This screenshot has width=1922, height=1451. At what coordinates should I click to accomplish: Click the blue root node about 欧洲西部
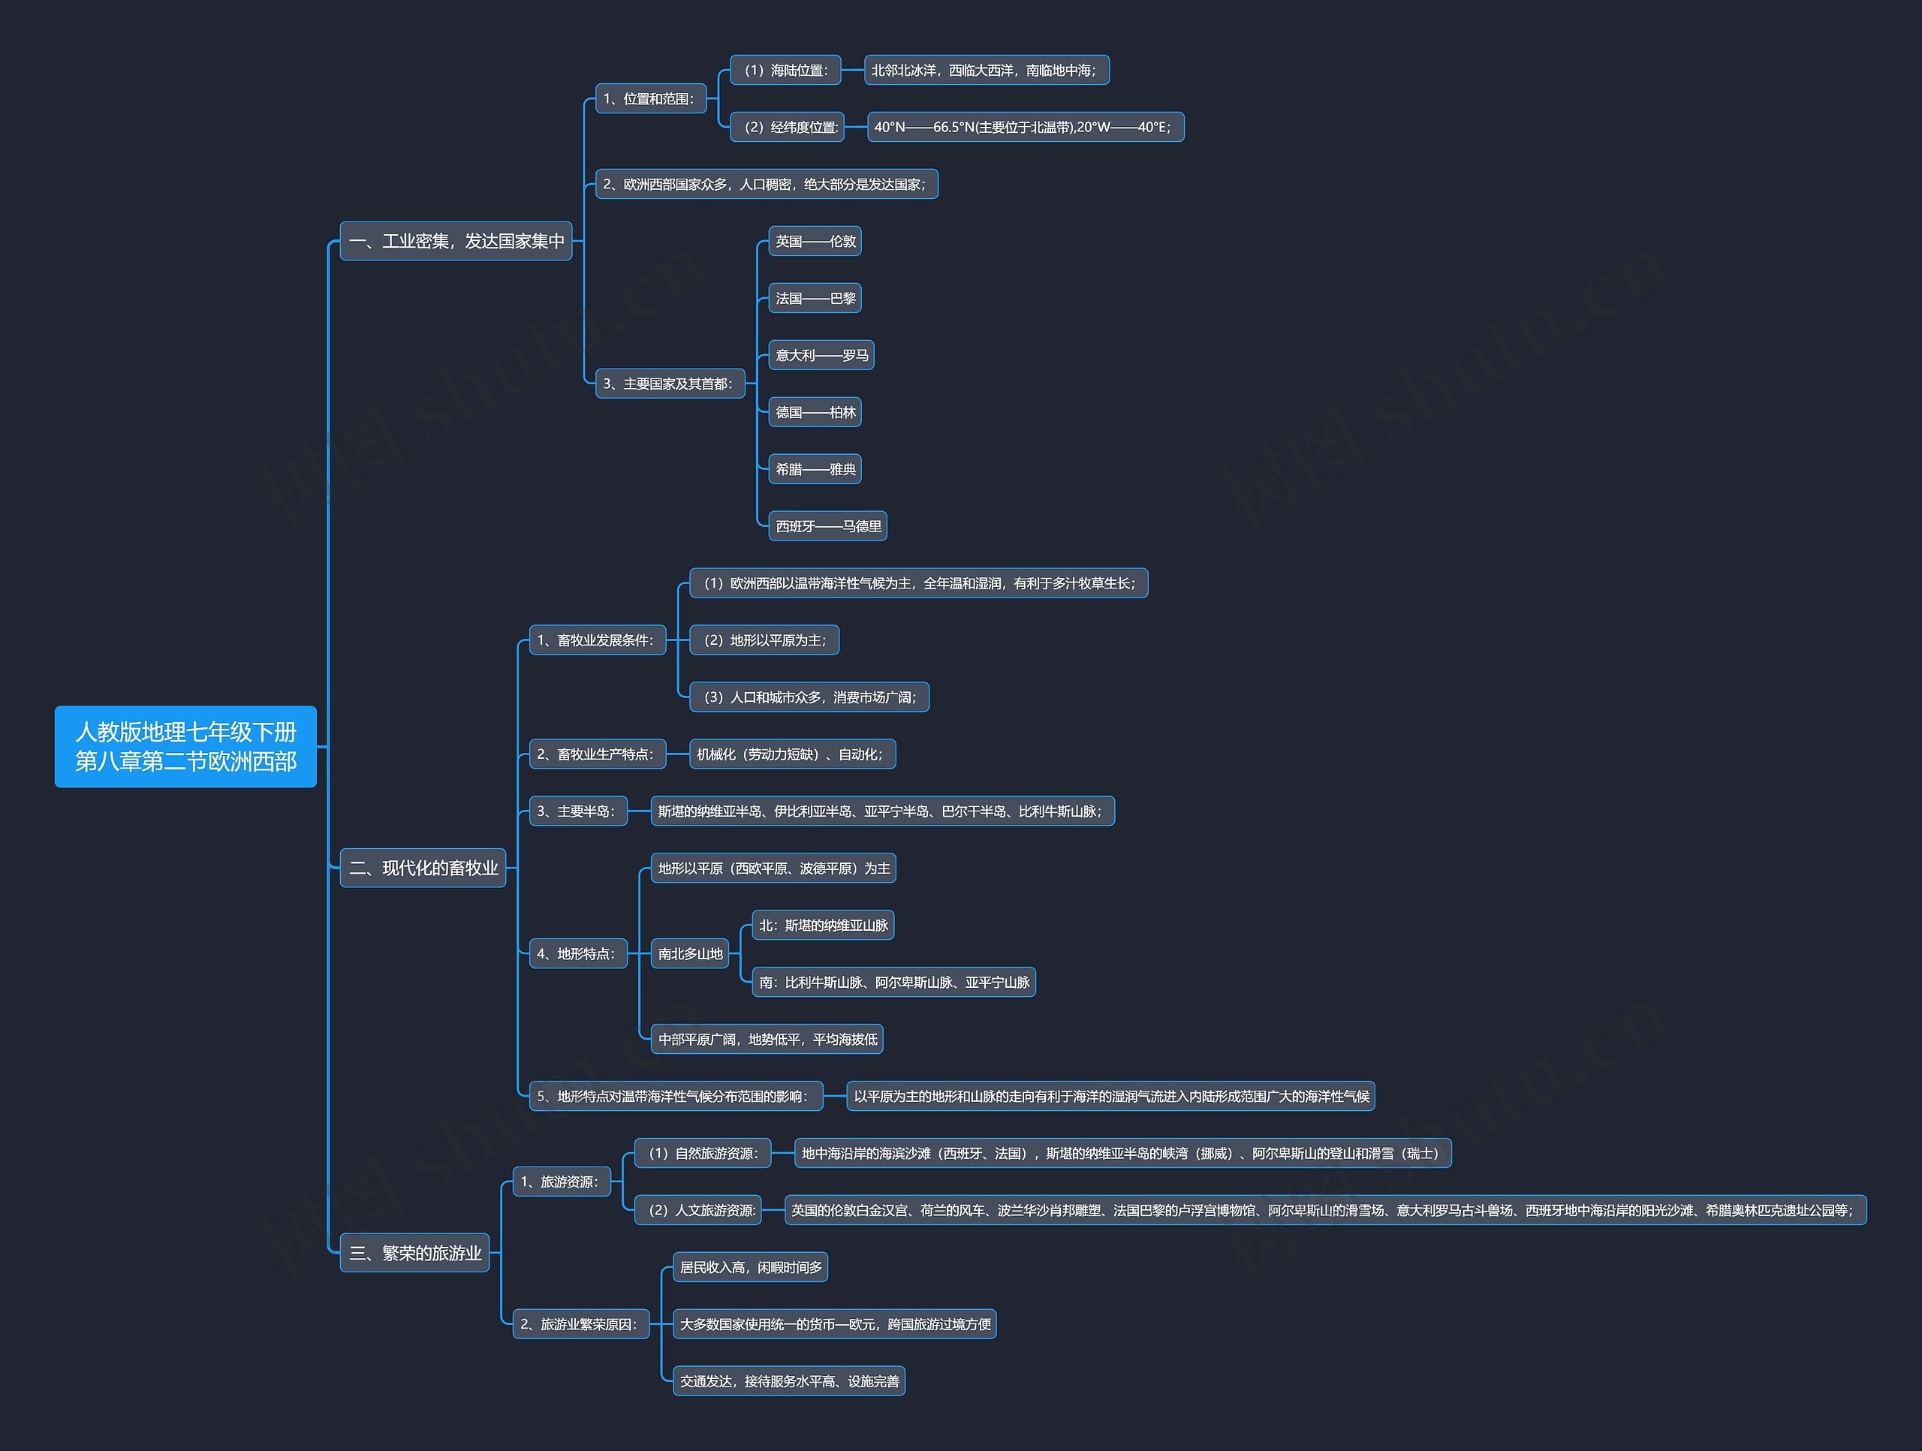point(185,746)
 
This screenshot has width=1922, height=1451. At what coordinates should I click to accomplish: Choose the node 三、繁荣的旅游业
point(414,1253)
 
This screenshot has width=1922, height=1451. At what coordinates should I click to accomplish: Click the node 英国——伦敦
point(815,242)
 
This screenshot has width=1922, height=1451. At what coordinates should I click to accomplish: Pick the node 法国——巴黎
point(815,298)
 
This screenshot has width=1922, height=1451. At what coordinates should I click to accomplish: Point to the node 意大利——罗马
point(821,355)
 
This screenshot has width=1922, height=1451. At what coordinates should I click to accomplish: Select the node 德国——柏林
point(815,412)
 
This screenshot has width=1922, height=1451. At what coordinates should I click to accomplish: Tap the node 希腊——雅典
point(815,469)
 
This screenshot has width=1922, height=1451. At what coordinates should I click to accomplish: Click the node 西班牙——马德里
point(828,525)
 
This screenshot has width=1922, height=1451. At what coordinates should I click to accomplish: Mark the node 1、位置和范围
point(650,99)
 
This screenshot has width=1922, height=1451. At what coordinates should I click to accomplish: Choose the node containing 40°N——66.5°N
point(1026,127)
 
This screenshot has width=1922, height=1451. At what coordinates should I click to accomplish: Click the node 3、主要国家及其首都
point(670,383)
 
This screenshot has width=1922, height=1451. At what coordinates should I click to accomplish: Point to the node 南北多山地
point(690,953)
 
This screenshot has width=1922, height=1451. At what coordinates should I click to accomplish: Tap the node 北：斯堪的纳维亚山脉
point(823,926)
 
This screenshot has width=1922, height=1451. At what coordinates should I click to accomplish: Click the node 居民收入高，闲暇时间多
point(751,1267)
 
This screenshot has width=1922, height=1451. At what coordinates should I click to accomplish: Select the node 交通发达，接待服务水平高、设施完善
point(789,1380)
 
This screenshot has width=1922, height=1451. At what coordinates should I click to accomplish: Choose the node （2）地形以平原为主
point(764,640)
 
